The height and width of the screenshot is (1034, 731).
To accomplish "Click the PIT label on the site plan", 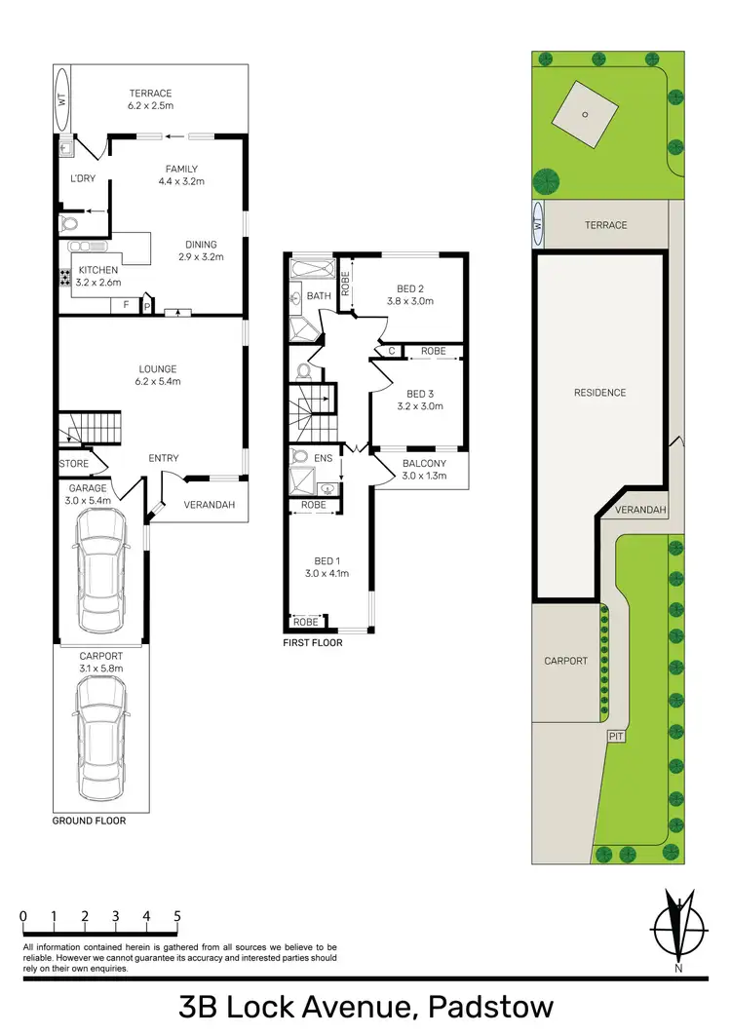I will coord(616,736).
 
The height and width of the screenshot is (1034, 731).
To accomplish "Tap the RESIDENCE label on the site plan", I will coord(599,393).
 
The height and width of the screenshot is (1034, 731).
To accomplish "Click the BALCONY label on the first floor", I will coord(424,463).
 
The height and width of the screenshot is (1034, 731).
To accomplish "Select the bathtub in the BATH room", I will coord(311,267).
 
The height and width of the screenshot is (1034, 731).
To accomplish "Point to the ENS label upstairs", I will coord(323,456).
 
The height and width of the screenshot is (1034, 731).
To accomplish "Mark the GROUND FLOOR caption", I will coord(89,821).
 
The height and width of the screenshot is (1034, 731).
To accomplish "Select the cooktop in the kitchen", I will coord(65,278).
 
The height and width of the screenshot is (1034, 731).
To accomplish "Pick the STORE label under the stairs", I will coord(74,464).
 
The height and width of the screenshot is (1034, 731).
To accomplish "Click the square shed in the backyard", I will coord(585,115).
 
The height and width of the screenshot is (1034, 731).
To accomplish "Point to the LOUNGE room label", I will coord(157,368).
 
